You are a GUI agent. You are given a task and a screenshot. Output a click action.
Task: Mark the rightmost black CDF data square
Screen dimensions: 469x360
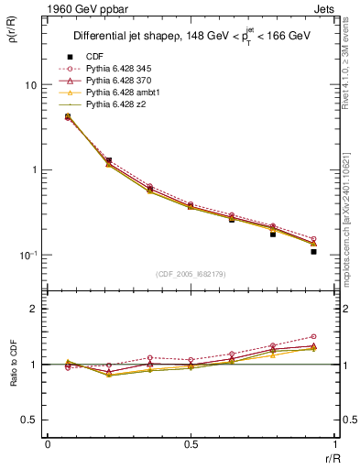click(x=313, y=251)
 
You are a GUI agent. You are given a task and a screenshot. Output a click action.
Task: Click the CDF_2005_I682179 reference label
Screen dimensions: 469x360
click(x=190, y=274)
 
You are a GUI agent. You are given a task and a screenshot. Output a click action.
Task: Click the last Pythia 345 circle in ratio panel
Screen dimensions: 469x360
click(x=313, y=337)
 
